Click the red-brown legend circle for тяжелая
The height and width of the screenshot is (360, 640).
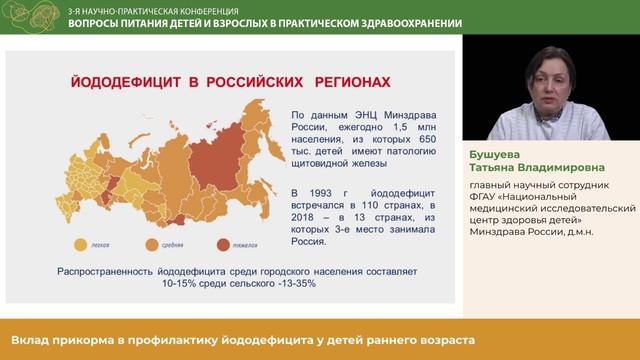pos(218,243)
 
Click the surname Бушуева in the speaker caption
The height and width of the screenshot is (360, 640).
pos(496,155)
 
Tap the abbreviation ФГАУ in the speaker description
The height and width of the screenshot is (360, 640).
pos(484,197)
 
